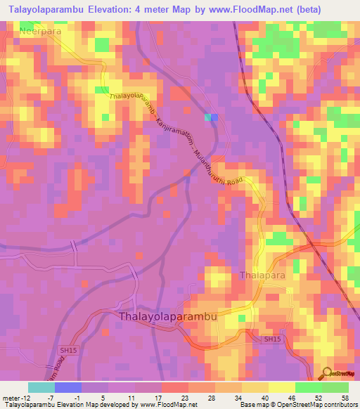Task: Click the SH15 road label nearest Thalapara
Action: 272,339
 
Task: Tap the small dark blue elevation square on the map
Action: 214,117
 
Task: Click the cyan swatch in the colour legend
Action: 41,387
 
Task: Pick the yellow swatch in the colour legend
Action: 282,387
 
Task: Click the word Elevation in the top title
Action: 119,10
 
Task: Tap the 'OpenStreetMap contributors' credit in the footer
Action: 316,405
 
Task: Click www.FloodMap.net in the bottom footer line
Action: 169,405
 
